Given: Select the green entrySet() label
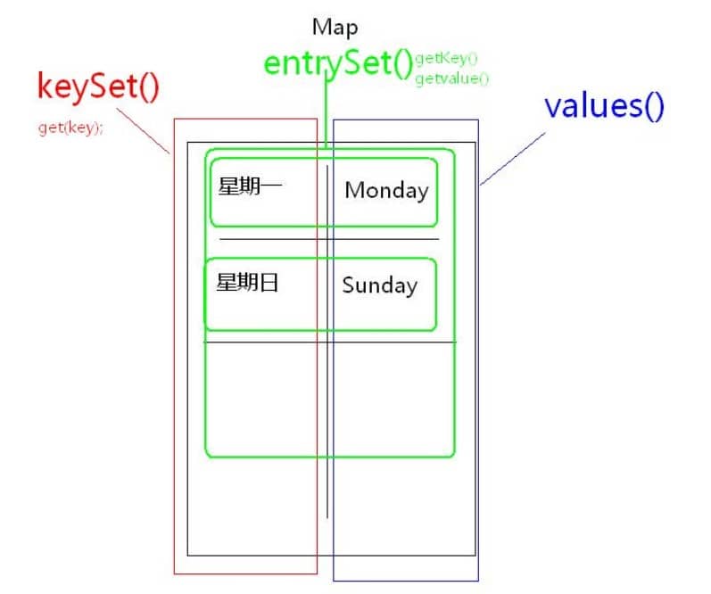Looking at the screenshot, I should click(x=338, y=64).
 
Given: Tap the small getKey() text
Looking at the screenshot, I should click(x=446, y=60).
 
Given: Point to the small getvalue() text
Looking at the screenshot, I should click(x=452, y=78).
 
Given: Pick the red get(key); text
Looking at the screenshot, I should click(x=70, y=128).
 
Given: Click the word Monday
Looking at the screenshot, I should click(x=386, y=190).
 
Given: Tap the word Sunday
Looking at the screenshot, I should click(x=379, y=285).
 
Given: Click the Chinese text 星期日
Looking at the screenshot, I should click(x=248, y=283).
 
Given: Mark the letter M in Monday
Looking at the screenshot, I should click(x=355, y=190).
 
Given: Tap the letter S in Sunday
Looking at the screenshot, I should click(x=349, y=285).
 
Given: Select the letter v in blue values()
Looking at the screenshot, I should click(x=552, y=106).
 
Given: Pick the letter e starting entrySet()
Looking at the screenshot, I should click(x=273, y=65).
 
